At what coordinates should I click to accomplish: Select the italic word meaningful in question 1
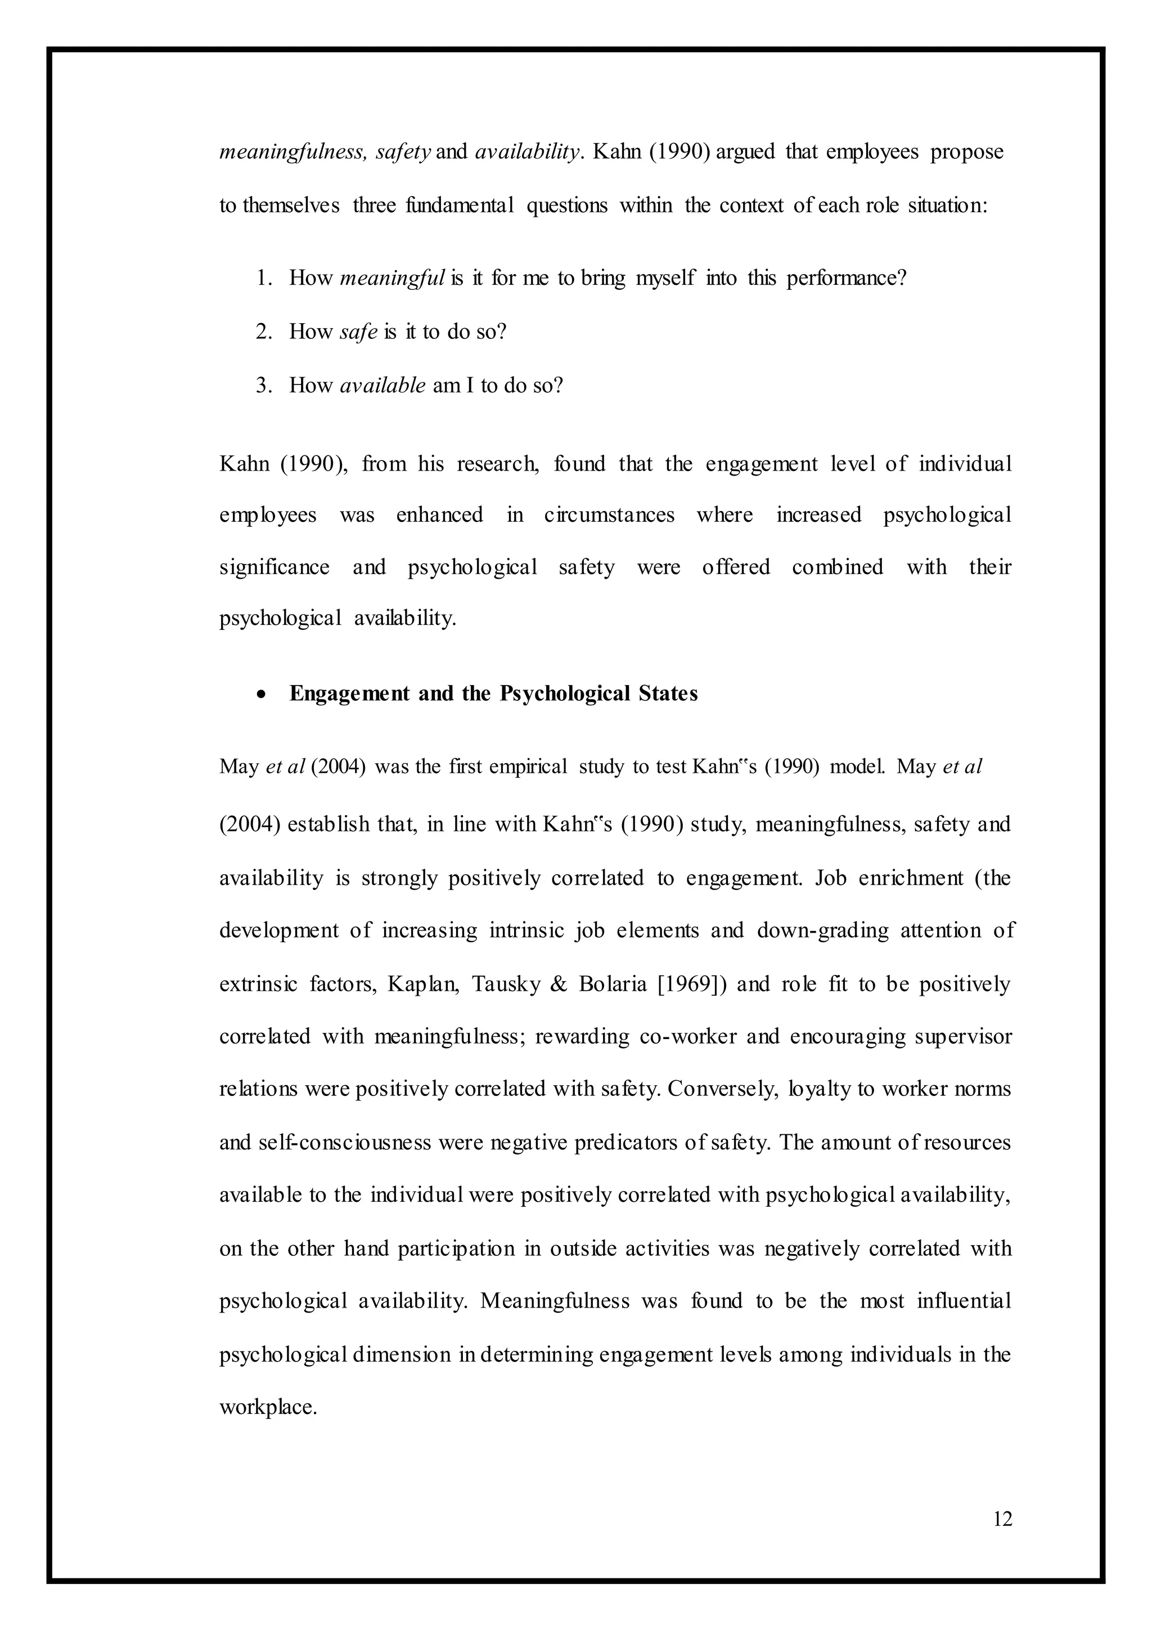pos(392,278)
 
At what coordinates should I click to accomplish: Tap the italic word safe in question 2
pos(358,332)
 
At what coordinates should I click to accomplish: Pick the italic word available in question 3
pos(383,386)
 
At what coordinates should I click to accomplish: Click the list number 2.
pos(264,332)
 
